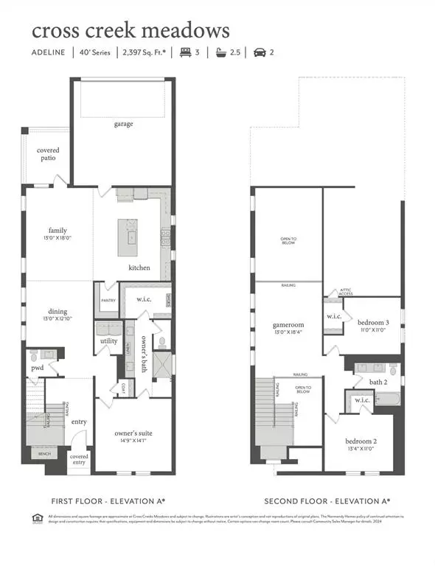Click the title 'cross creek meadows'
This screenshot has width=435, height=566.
(x=130, y=31)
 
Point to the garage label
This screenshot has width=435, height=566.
(x=123, y=124)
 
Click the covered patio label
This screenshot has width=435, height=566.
(x=48, y=155)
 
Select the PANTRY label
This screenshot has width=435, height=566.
(x=108, y=301)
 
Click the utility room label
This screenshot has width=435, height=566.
(x=109, y=341)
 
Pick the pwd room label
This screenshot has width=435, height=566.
(x=37, y=367)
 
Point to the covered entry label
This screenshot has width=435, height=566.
(x=79, y=459)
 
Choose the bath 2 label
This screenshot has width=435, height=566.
(x=367, y=382)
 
